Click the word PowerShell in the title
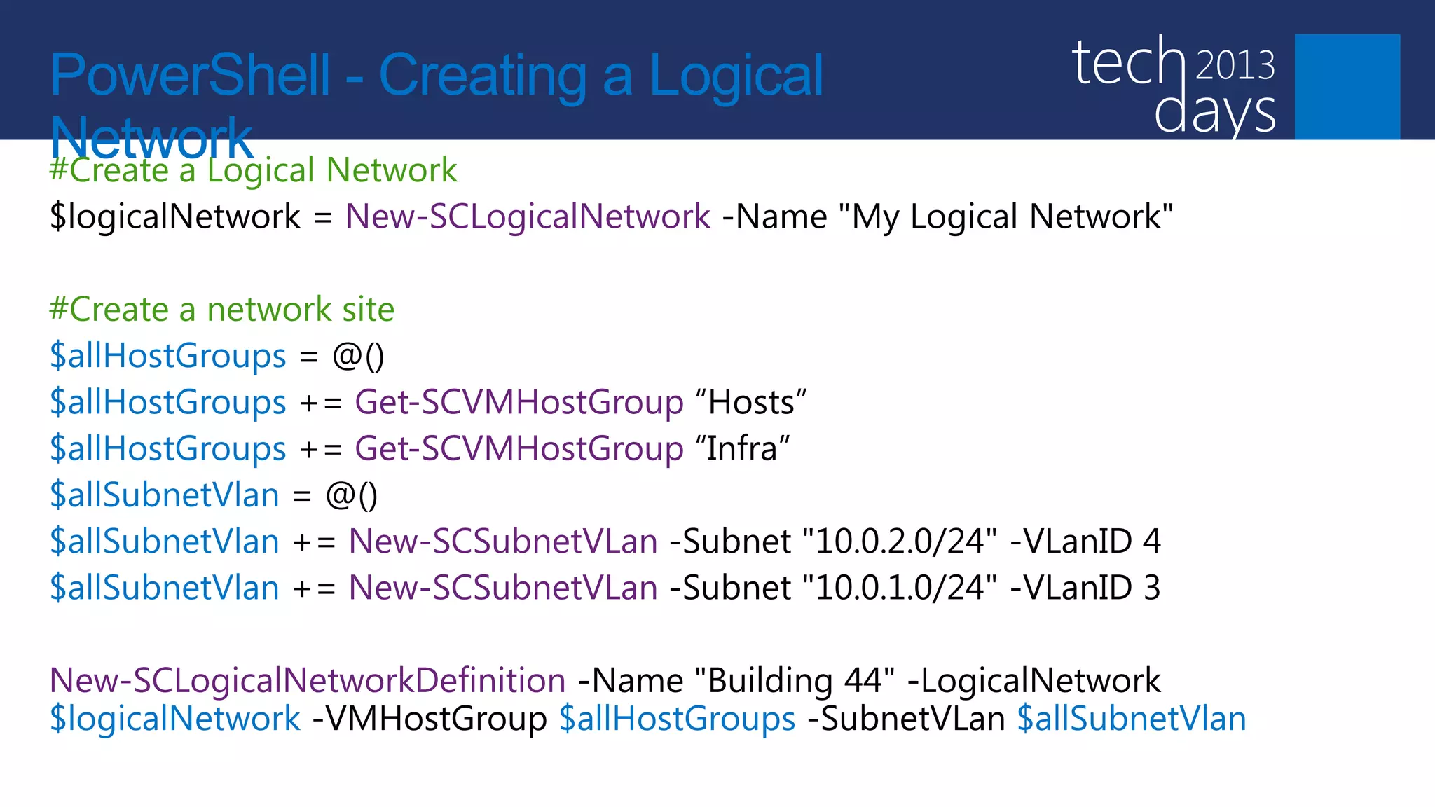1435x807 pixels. tap(190, 76)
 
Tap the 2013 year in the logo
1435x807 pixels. tap(1235, 66)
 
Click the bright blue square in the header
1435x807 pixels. tap(1347, 86)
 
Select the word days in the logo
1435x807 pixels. tap(1215, 112)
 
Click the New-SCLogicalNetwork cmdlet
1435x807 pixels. tap(528, 216)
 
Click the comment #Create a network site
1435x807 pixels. tap(221, 310)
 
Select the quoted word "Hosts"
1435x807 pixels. tap(751, 403)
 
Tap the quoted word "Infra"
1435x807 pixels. tap(743, 449)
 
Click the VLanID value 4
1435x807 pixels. tap(1152, 542)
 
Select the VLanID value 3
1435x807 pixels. tap(1152, 588)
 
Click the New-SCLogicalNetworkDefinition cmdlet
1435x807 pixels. tap(308, 680)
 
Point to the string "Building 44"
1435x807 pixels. tap(795, 680)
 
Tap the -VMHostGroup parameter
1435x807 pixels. tap(430, 719)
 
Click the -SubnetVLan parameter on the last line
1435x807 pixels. tap(906, 719)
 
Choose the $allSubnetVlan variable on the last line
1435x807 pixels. tap(1132, 719)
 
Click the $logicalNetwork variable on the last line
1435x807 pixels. tap(175, 719)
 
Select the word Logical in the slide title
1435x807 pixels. tap(736, 76)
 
